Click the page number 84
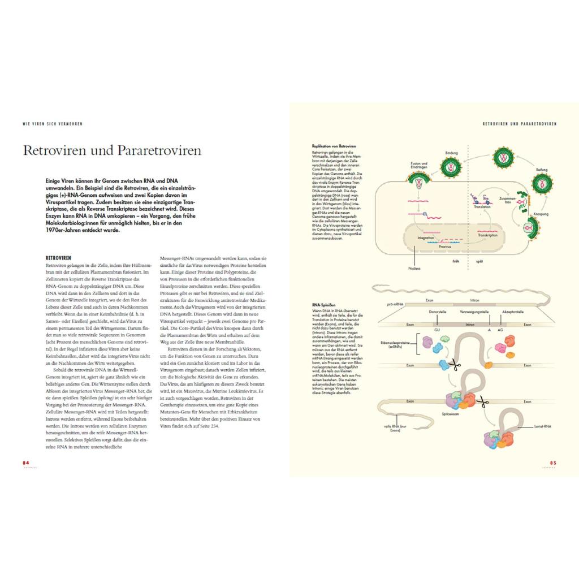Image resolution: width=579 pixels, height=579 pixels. coord(25,463)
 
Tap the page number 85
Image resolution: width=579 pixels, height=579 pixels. coord(553,463)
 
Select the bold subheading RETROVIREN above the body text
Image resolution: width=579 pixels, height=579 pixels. coord(58,258)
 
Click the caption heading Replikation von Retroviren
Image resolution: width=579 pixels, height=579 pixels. coord(334,146)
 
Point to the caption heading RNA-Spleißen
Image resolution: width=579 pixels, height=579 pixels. coord(324,305)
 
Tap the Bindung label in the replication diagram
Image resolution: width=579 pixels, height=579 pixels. coord(451,153)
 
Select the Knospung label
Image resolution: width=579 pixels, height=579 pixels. coord(541,214)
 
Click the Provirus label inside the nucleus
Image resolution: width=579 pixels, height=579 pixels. coord(444,247)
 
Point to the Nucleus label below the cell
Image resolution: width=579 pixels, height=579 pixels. coord(414,268)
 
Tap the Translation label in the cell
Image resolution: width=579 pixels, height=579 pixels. coord(482,208)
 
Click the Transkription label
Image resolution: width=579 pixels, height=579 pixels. coord(487,235)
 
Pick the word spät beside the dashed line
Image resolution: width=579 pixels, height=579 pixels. coord(478,261)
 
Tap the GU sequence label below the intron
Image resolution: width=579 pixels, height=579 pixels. coord(437,329)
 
